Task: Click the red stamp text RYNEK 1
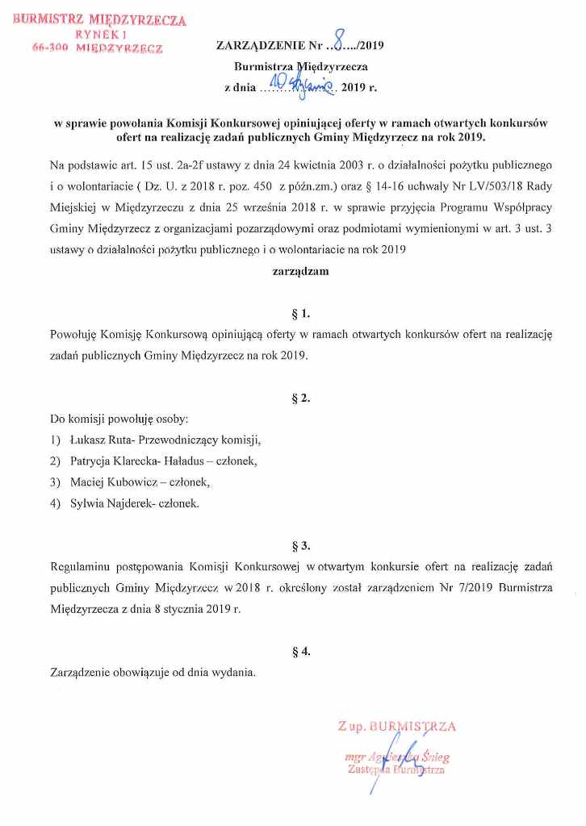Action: (95, 35)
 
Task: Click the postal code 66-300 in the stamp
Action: (47, 49)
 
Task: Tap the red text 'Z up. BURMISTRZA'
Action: (397, 727)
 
